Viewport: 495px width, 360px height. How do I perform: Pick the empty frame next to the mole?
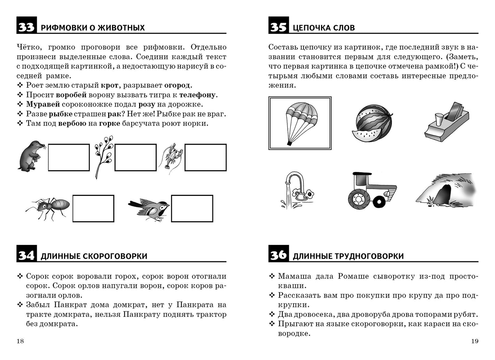point(69,158)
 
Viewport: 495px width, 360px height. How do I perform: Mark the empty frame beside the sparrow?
point(192,209)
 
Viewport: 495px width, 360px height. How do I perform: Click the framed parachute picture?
point(300,123)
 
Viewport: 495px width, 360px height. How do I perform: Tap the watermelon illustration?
point(372,123)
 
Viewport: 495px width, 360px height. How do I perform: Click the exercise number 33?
point(26,27)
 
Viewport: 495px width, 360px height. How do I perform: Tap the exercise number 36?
point(278,255)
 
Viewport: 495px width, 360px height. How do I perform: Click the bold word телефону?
point(197,95)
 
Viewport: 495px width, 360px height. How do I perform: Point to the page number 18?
point(20,341)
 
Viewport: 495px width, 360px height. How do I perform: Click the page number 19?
point(474,341)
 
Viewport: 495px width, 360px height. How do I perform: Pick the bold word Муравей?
point(43,104)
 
